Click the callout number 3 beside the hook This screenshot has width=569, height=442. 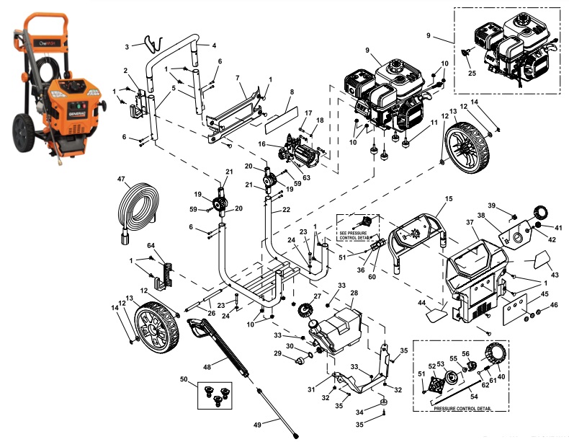[127, 46]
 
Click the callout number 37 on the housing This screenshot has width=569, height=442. [470, 223]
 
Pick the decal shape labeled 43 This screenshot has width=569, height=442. [539, 258]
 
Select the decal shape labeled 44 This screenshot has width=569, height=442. [435, 314]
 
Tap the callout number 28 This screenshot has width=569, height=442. [354, 293]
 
